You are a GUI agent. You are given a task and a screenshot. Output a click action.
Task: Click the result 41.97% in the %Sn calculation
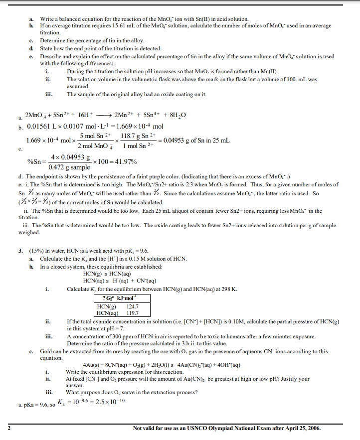pyautogui.click(x=125, y=162)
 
